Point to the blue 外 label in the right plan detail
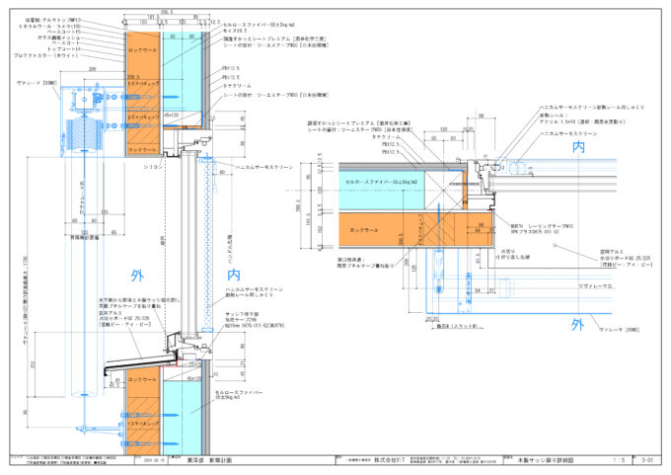577,322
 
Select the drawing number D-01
647,460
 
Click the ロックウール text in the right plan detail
364,230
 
